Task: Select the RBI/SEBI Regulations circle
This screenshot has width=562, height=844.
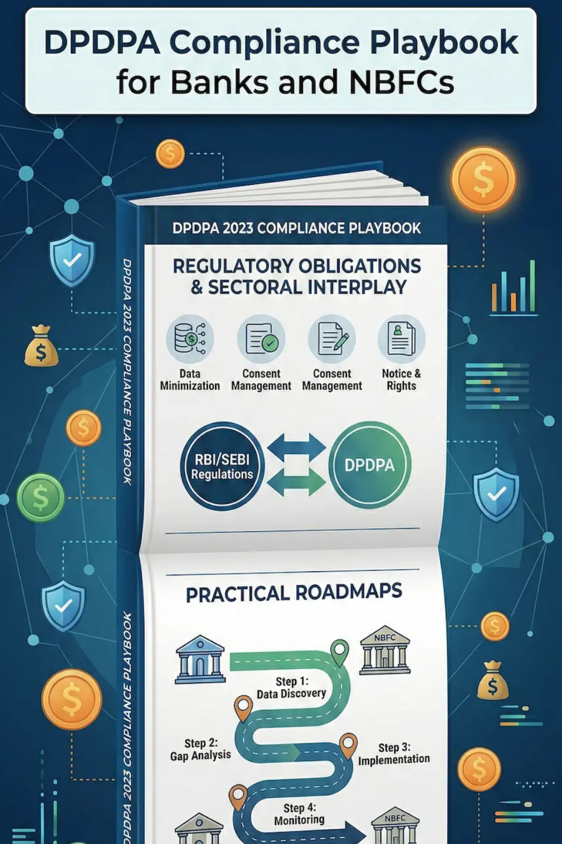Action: (x=222, y=466)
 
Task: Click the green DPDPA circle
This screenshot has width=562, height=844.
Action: (x=370, y=465)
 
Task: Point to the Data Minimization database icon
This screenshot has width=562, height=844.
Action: (x=190, y=338)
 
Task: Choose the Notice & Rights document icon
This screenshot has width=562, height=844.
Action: (x=402, y=338)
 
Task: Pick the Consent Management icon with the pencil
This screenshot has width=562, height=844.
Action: (x=332, y=338)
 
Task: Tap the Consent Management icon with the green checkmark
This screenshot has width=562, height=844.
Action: (x=261, y=338)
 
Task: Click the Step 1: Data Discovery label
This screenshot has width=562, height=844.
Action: (x=291, y=687)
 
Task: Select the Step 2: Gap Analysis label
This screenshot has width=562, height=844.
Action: (x=201, y=749)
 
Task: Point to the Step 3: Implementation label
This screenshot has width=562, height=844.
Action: (x=394, y=753)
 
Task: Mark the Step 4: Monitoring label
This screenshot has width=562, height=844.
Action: (x=300, y=814)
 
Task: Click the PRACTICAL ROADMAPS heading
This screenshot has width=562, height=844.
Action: (x=294, y=593)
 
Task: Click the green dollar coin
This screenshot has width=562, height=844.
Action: (x=41, y=498)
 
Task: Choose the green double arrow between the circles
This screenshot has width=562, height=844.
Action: (x=296, y=482)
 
